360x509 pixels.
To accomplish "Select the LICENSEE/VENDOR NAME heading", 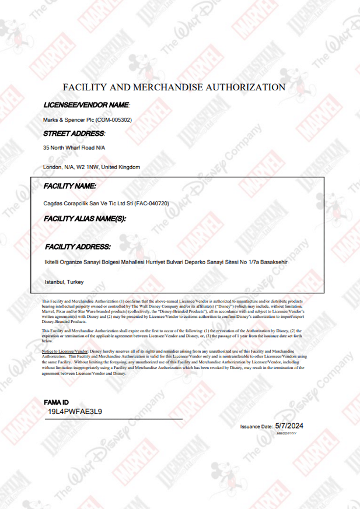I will click(86, 105).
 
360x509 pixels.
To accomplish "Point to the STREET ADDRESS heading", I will click(74, 134).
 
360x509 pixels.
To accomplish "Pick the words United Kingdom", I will click(121, 167).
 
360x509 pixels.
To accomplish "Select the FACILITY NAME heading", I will click(70, 186).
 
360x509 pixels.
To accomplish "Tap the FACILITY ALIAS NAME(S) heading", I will click(85, 219).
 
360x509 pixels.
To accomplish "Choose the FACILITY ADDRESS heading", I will click(78, 247).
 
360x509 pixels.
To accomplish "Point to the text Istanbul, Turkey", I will click(64, 282).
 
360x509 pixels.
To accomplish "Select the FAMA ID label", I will click(57, 403).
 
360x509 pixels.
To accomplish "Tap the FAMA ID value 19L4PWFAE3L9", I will click(75, 412).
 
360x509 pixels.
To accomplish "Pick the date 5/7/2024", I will click(290, 426).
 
